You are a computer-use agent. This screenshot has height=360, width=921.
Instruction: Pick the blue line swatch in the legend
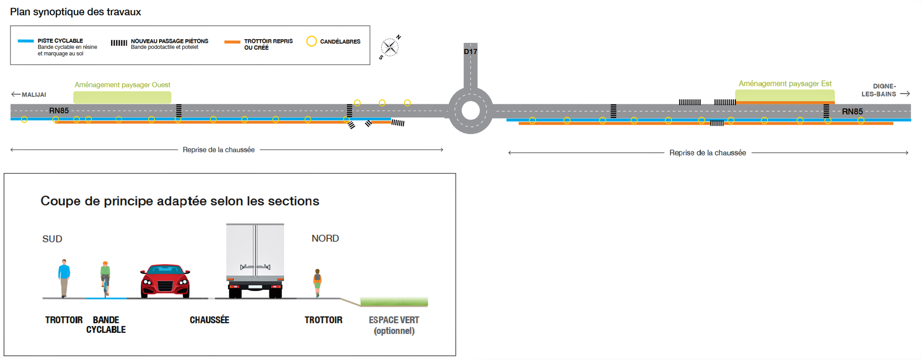click(x=26, y=41)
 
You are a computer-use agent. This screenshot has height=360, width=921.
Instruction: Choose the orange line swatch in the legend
click(x=232, y=42)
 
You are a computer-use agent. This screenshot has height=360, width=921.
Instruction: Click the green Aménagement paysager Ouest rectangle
click(x=122, y=97)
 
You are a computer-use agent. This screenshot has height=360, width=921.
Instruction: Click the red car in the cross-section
click(x=165, y=281)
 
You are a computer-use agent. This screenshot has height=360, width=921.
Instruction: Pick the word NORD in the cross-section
click(x=325, y=238)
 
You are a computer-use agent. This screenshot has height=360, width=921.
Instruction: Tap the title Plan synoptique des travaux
click(x=75, y=12)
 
